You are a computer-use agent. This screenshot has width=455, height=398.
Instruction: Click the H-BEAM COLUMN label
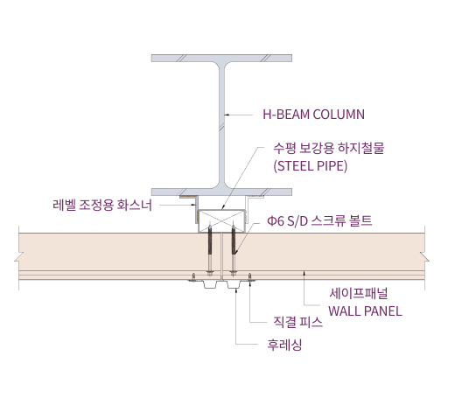click(313, 115)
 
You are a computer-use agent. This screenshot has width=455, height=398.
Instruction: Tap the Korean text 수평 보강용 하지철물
click(329, 148)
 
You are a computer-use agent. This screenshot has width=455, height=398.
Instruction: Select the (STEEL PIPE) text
click(311, 166)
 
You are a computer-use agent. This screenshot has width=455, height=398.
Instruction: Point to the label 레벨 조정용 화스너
click(102, 205)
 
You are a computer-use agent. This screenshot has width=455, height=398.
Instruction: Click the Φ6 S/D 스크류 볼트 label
click(319, 220)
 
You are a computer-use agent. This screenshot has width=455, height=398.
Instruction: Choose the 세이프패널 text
click(359, 293)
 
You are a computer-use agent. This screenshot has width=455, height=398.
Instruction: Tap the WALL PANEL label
click(365, 311)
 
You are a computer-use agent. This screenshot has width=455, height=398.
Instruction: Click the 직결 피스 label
click(297, 322)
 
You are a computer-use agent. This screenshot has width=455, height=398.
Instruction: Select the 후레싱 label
click(284, 345)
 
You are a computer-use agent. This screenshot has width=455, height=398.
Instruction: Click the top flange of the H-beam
click(221, 58)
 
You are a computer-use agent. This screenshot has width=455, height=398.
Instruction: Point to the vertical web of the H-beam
click(222, 125)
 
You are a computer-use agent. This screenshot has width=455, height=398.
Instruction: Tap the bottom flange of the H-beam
click(221, 192)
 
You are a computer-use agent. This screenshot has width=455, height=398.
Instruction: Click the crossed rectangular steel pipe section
click(221, 220)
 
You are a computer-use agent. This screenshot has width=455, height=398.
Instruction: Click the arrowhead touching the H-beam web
click(227, 115)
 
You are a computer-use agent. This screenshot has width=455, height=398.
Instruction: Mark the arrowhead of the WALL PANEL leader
click(304, 273)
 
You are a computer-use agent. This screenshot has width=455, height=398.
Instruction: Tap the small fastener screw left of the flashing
click(193, 277)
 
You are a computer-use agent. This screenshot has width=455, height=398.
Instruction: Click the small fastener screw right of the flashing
click(249, 277)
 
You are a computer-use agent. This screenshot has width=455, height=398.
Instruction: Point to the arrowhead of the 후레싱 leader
click(235, 290)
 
